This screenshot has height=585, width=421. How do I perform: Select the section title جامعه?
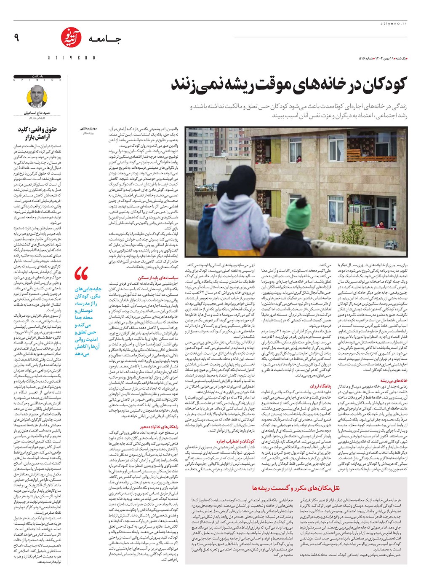pos(104,40)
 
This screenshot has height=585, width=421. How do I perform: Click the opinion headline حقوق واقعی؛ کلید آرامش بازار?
pos(39,133)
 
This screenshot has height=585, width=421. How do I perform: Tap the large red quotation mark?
pos(82,274)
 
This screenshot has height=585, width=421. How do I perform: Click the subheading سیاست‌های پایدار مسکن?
pos(164,278)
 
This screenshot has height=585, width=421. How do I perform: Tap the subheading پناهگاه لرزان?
pos(321,386)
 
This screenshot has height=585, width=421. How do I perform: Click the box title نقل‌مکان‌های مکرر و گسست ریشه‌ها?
pos(302,488)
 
